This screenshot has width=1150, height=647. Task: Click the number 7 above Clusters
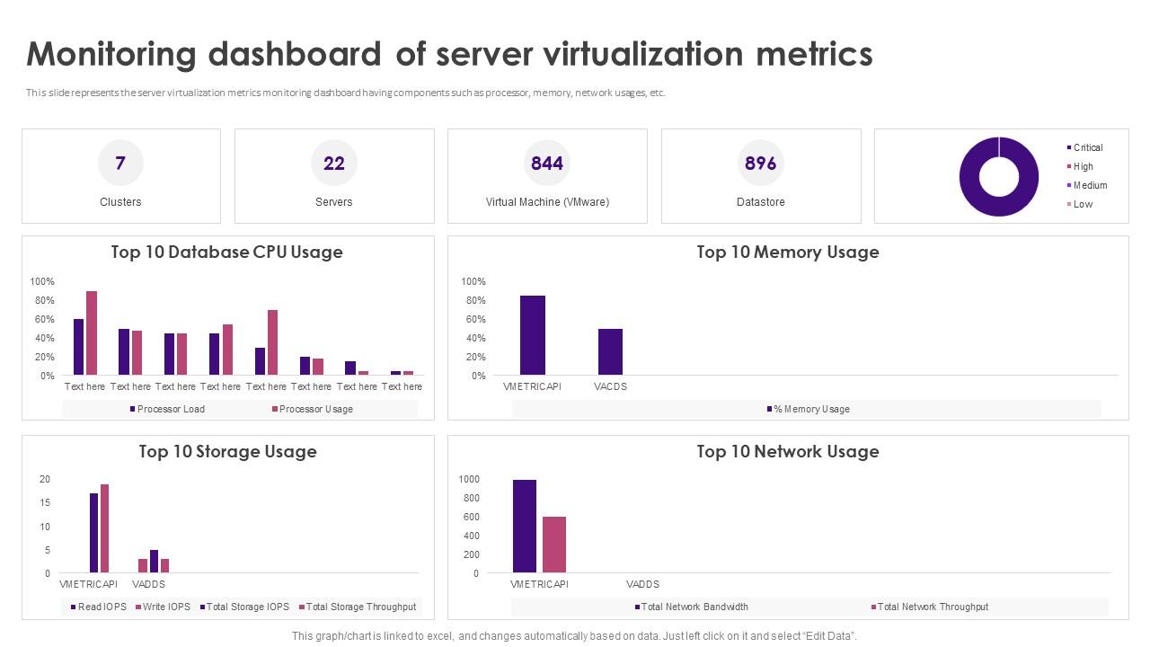[x=120, y=163]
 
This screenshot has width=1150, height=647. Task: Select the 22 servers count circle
[x=333, y=163]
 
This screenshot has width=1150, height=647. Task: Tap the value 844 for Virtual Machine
[x=546, y=163]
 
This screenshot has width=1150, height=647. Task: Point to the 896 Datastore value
[x=760, y=163]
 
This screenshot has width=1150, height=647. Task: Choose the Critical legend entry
[x=1087, y=147]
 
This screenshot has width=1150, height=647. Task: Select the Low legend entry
[x=1083, y=204]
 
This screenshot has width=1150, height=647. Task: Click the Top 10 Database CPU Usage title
[x=226, y=253]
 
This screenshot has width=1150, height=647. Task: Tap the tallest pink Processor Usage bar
[x=92, y=332]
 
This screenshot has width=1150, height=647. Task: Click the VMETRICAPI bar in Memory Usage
[x=532, y=334]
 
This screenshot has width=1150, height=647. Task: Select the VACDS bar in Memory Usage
[x=610, y=351]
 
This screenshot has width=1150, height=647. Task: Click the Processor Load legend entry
[x=170, y=409]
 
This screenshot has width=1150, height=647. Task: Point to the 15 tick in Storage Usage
[x=45, y=503]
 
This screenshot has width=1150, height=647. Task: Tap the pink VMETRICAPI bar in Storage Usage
[x=104, y=528]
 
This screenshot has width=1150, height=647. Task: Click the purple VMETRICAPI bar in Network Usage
[x=525, y=526]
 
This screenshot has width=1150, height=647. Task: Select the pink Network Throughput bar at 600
[x=554, y=545]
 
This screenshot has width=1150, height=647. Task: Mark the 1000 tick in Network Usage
[x=470, y=480]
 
